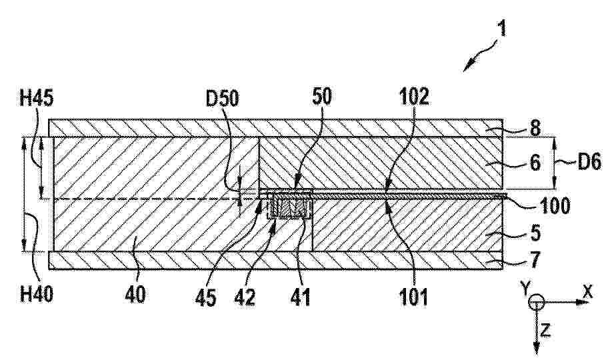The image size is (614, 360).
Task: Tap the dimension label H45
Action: pos(36,98)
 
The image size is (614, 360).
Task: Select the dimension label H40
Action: pos(36,294)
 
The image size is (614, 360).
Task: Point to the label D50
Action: pos(222,99)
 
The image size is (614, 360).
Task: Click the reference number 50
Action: pos(322,97)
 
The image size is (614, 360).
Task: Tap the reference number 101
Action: pos(414,297)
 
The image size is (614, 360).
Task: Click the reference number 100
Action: pos(555,205)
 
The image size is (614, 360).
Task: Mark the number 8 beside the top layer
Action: pos(535,128)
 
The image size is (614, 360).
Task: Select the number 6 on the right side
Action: pos(535,162)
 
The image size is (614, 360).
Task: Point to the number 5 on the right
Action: pos(535,233)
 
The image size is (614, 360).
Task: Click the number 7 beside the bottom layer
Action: pos(535,259)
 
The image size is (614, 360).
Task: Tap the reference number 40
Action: pos(135,295)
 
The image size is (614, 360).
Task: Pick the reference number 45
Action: pos(206,298)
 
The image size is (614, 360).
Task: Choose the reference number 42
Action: pos(245,297)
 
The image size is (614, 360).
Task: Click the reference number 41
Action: pos(301,297)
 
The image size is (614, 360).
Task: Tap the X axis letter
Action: pos(588,291)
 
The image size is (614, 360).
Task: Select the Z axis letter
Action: pos(545,331)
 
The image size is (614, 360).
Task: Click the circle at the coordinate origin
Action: pos(536,303)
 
